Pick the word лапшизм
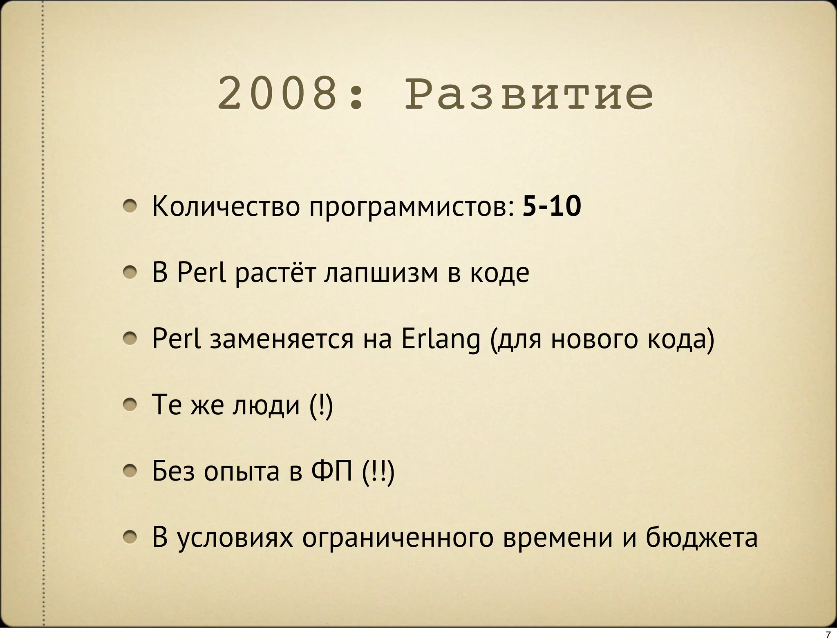pyautogui.click(x=381, y=273)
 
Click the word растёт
pyautogui.click(x=275, y=273)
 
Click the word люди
pyautogui.click(x=266, y=405)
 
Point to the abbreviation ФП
pyautogui.click(x=331, y=471)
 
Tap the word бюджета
pyautogui.click(x=702, y=538)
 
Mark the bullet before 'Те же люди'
pyautogui.click(x=130, y=405)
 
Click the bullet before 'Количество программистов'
pyautogui.click(x=130, y=207)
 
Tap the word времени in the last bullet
pyautogui.click(x=557, y=538)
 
